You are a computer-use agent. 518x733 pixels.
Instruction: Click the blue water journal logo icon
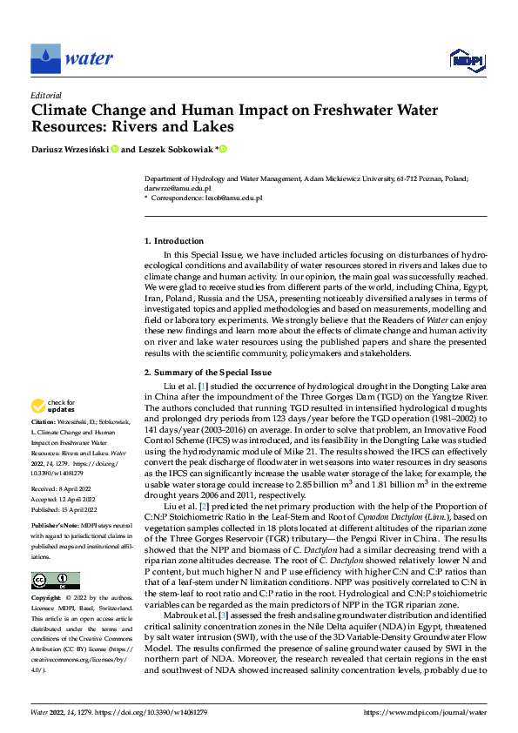[46, 59]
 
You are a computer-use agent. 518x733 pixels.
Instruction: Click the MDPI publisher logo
[466, 59]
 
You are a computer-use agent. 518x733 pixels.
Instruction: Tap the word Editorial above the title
[46, 96]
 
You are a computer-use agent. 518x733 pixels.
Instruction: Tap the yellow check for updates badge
[54, 407]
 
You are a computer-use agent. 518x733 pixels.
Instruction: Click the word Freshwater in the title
[306, 111]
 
